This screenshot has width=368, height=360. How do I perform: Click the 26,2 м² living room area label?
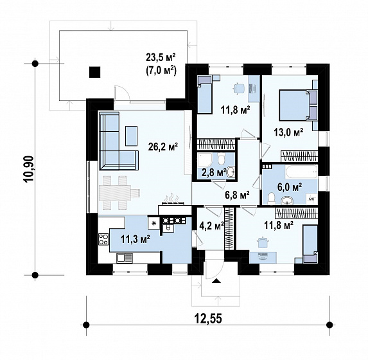[162, 147]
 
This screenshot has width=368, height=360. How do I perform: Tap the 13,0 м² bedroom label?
[288, 132]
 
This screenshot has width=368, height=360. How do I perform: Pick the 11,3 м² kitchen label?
[135, 239]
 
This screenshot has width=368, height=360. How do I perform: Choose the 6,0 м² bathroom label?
[290, 187]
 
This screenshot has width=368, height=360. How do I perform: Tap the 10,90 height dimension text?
[28, 169]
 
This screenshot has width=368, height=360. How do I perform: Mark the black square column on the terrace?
[95, 72]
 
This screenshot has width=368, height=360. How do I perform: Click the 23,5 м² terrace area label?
[161, 57]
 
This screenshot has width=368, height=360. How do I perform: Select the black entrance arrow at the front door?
[216, 280]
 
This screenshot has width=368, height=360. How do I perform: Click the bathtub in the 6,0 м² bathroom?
[301, 172]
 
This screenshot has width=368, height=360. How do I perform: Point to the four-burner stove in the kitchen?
[103, 239]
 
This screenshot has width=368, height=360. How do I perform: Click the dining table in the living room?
[115, 193]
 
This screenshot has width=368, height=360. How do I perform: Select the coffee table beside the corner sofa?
[131, 136]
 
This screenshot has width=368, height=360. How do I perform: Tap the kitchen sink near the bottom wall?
[125, 258]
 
